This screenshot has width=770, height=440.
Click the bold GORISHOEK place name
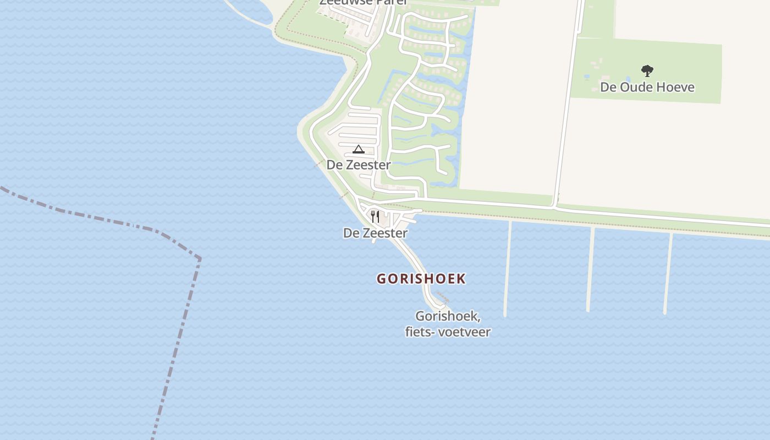point(421,279)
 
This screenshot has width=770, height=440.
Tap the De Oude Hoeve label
point(647,87)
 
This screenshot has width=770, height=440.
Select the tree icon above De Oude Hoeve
point(647,70)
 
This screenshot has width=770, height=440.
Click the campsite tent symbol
point(359,149)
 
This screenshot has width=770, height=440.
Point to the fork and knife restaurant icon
point(375,216)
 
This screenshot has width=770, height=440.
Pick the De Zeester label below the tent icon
point(359,165)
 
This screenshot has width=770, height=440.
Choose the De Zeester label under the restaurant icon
point(375,233)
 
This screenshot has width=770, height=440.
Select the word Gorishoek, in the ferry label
point(448,317)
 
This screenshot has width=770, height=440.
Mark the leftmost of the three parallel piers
point(508,269)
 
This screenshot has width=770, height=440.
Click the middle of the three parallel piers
point(590,269)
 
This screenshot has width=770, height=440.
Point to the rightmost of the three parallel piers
point(668,272)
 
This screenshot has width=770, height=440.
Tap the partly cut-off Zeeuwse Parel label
point(364,3)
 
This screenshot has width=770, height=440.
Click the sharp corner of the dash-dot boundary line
point(199,258)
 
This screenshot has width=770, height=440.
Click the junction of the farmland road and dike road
point(555,208)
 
